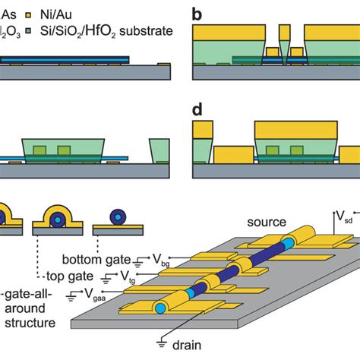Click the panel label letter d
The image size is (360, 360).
click(198, 110)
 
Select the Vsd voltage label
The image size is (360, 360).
click(346, 220)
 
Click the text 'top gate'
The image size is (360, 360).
click(67, 276)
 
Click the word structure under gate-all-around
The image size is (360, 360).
click(26, 324)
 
